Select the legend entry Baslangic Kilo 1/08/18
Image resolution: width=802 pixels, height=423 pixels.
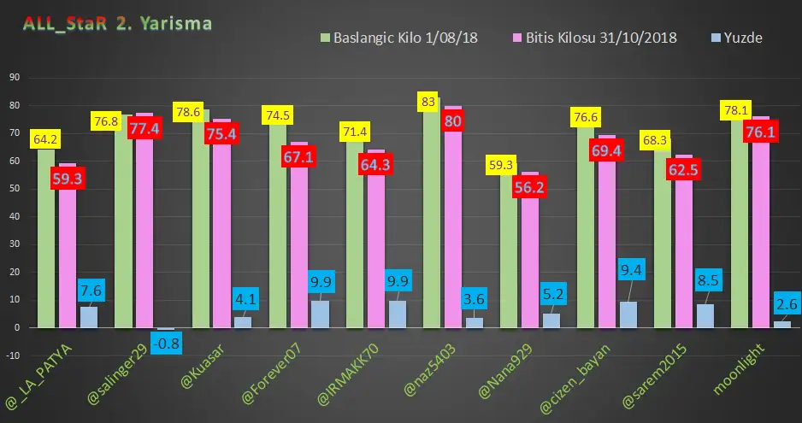pos(398,38)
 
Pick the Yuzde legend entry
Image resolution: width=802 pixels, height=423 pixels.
pos(738,38)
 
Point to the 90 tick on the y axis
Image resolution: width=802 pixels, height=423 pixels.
pos(15,78)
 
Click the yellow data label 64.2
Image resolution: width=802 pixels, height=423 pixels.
pos(45,138)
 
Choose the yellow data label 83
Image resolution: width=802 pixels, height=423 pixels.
pos(430,102)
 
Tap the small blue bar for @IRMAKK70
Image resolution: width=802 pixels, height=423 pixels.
pos(396,314)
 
